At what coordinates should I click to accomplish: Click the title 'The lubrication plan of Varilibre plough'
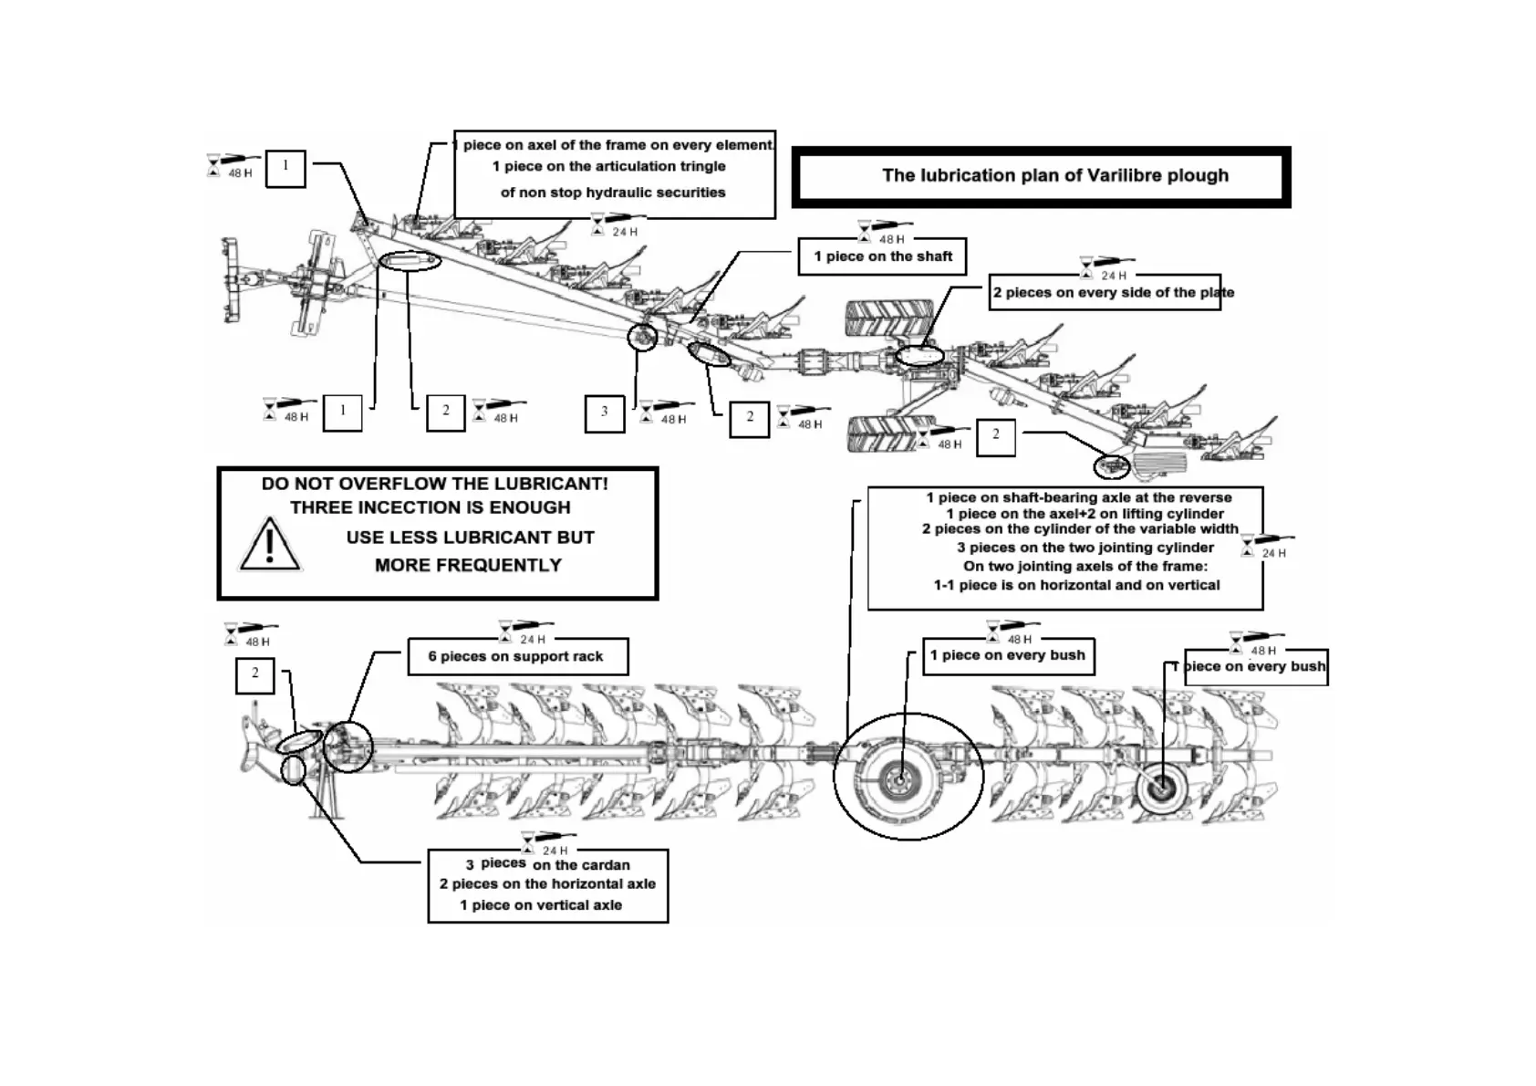(x=1054, y=175)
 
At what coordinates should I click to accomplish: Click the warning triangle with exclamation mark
(x=269, y=545)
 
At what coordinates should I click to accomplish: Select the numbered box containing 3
(x=604, y=412)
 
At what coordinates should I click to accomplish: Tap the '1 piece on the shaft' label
(x=882, y=256)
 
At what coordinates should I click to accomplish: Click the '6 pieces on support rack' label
(x=516, y=656)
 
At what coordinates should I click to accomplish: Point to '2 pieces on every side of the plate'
(x=1113, y=293)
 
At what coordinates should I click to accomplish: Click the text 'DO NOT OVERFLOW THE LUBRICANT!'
(x=434, y=484)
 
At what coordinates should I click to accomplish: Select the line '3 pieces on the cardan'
(x=547, y=864)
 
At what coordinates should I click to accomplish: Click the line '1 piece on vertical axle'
(x=541, y=905)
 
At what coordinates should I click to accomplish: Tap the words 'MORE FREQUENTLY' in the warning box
(x=468, y=566)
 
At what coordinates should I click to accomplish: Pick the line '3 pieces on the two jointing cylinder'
(x=1085, y=548)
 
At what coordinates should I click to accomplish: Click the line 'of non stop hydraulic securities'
(x=613, y=193)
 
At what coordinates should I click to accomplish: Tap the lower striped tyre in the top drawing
(x=884, y=433)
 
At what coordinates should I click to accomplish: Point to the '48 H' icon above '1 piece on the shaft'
(x=883, y=232)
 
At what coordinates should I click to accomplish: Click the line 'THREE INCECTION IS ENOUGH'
(x=431, y=507)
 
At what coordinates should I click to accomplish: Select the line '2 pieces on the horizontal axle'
(x=547, y=884)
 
